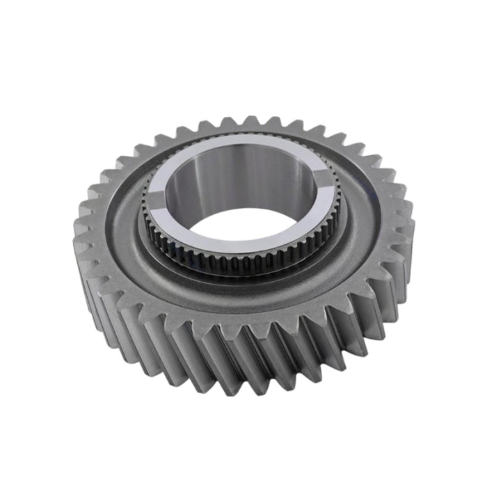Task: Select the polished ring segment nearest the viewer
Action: point(237,246)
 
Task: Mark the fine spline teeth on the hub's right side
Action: point(335,209)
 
